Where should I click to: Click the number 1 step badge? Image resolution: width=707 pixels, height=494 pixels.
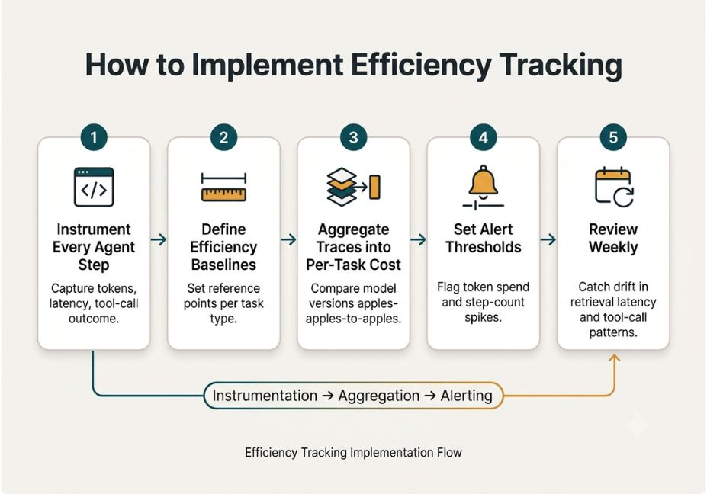click(x=94, y=137)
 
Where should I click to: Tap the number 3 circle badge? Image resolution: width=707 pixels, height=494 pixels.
click(x=354, y=137)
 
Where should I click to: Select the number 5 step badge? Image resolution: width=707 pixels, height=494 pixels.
click(x=613, y=137)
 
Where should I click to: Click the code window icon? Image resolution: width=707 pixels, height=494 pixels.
click(x=94, y=187)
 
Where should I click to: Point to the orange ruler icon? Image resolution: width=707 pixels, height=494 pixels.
click(x=223, y=187)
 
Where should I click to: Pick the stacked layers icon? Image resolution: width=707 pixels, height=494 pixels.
click(x=353, y=187)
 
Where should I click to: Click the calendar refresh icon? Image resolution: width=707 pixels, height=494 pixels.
click(x=614, y=187)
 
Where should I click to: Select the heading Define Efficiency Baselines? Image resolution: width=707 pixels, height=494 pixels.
click(x=223, y=247)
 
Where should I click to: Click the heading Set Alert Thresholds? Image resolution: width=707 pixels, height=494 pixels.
click(x=484, y=238)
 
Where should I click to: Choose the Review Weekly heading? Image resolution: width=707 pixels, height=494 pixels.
click(x=613, y=238)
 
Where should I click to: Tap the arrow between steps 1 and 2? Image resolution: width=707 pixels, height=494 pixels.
click(x=159, y=239)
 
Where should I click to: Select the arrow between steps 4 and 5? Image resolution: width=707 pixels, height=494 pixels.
click(x=548, y=239)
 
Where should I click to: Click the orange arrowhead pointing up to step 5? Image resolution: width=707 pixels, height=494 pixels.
click(x=614, y=359)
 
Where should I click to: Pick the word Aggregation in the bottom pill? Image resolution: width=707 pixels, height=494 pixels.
click(x=379, y=396)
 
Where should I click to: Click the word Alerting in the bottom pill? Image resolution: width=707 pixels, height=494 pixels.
click(x=466, y=396)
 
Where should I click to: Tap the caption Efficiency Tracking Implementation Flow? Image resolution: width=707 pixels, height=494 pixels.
click(x=354, y=453)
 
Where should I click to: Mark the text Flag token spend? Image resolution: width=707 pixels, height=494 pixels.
click(x=484, y=287)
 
